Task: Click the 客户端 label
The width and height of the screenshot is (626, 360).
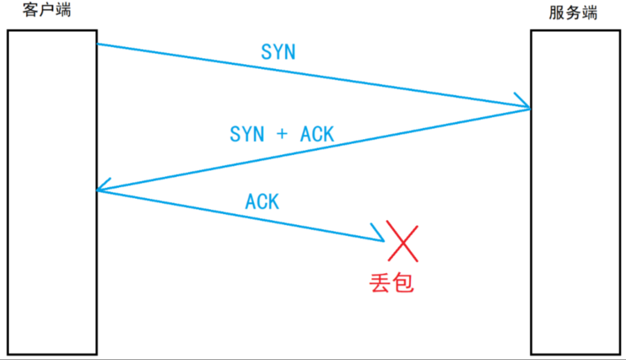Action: coord(46,11)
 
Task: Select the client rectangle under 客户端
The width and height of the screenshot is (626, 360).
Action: coord(52,192)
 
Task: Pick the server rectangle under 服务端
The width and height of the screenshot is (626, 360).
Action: coord(575,192)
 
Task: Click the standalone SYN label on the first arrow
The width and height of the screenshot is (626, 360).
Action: coord(279,53)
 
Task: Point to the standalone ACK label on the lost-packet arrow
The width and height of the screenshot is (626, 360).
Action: coord(262,202)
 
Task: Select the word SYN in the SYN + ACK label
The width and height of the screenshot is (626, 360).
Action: coord(247,134)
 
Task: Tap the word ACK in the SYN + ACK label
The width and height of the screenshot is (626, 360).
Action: coord(317,134)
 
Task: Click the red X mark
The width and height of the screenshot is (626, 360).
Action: coord(403,241)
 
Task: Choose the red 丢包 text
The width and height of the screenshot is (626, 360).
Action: coord(392,282)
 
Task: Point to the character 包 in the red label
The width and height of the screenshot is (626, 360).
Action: coord(403,282)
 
